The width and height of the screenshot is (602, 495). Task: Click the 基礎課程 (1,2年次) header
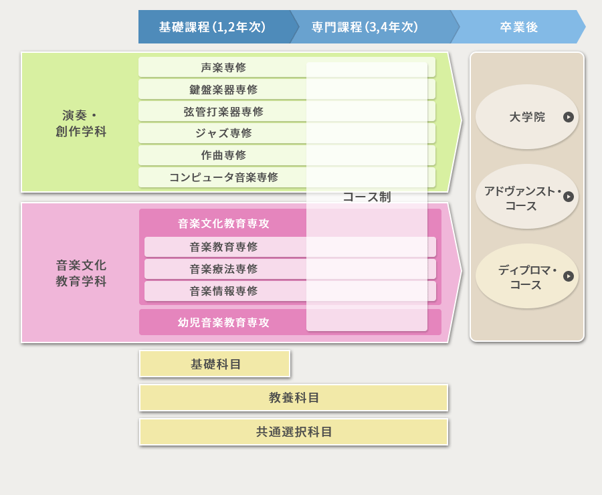(x=212, y=27)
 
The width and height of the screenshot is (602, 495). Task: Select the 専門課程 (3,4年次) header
(x=365, y=27)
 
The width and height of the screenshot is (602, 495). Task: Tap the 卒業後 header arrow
(x=518, y=27)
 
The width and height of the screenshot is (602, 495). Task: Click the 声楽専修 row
(x=223, y=68)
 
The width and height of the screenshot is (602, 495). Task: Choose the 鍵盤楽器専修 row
(x=223, y=90)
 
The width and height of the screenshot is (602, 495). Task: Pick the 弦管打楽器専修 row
(x=223, y=112)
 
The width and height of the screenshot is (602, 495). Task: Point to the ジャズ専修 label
(x=223, y=133)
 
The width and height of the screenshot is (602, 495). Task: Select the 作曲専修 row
(x=223, y=155)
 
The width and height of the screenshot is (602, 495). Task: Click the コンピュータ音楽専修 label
(x=223, y=177)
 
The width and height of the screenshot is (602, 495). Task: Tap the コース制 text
(x=367, y=197)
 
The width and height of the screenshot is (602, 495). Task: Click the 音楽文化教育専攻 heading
(x=223, y=223)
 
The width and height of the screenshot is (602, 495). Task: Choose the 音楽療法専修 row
(x=223, y=269)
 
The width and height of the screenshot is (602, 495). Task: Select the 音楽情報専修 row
(x=223, y=291)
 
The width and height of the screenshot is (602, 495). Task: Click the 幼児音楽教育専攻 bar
(x=223, y=322)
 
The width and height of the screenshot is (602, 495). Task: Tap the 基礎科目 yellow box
(x=215, y=364)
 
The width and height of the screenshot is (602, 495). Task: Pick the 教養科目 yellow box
(x=294, y=398)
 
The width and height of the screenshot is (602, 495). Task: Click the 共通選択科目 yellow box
(x=294, y=432)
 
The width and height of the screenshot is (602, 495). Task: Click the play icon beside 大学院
(x=569, y=117)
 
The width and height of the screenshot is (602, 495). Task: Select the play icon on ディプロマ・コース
(x=569, y=276)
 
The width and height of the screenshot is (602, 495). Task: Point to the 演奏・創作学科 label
(x=81, y=124)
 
